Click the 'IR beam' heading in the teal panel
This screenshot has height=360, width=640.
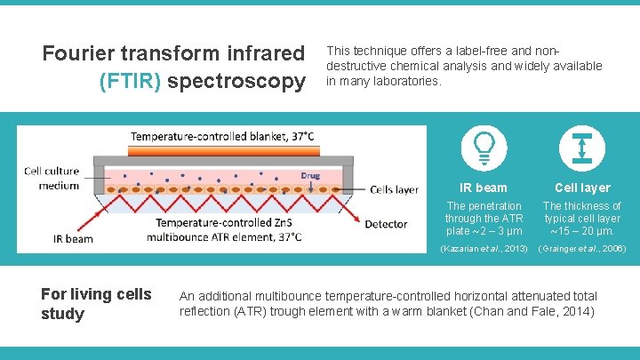click(x=484, y=188)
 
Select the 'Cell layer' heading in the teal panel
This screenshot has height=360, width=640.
click(x=582, y=188)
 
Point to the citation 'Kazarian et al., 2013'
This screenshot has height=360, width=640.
click(x=484, y=248)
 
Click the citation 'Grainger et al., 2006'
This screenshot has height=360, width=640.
click(x=582, y=248)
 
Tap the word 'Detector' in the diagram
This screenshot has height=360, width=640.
click(x=386, y=224)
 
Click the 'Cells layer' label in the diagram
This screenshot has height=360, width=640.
click(x=394, y=189)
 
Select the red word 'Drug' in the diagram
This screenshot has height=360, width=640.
click(x=310, y=175)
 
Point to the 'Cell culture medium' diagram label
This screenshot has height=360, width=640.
click(x=51, y=178)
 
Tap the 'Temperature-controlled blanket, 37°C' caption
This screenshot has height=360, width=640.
click(x=222, y=137)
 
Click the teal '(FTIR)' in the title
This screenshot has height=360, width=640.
click(x=131, y=81)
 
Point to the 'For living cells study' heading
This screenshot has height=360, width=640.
click(x=96, y=304)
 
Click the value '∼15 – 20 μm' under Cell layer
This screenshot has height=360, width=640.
click(x=582, y=231)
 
